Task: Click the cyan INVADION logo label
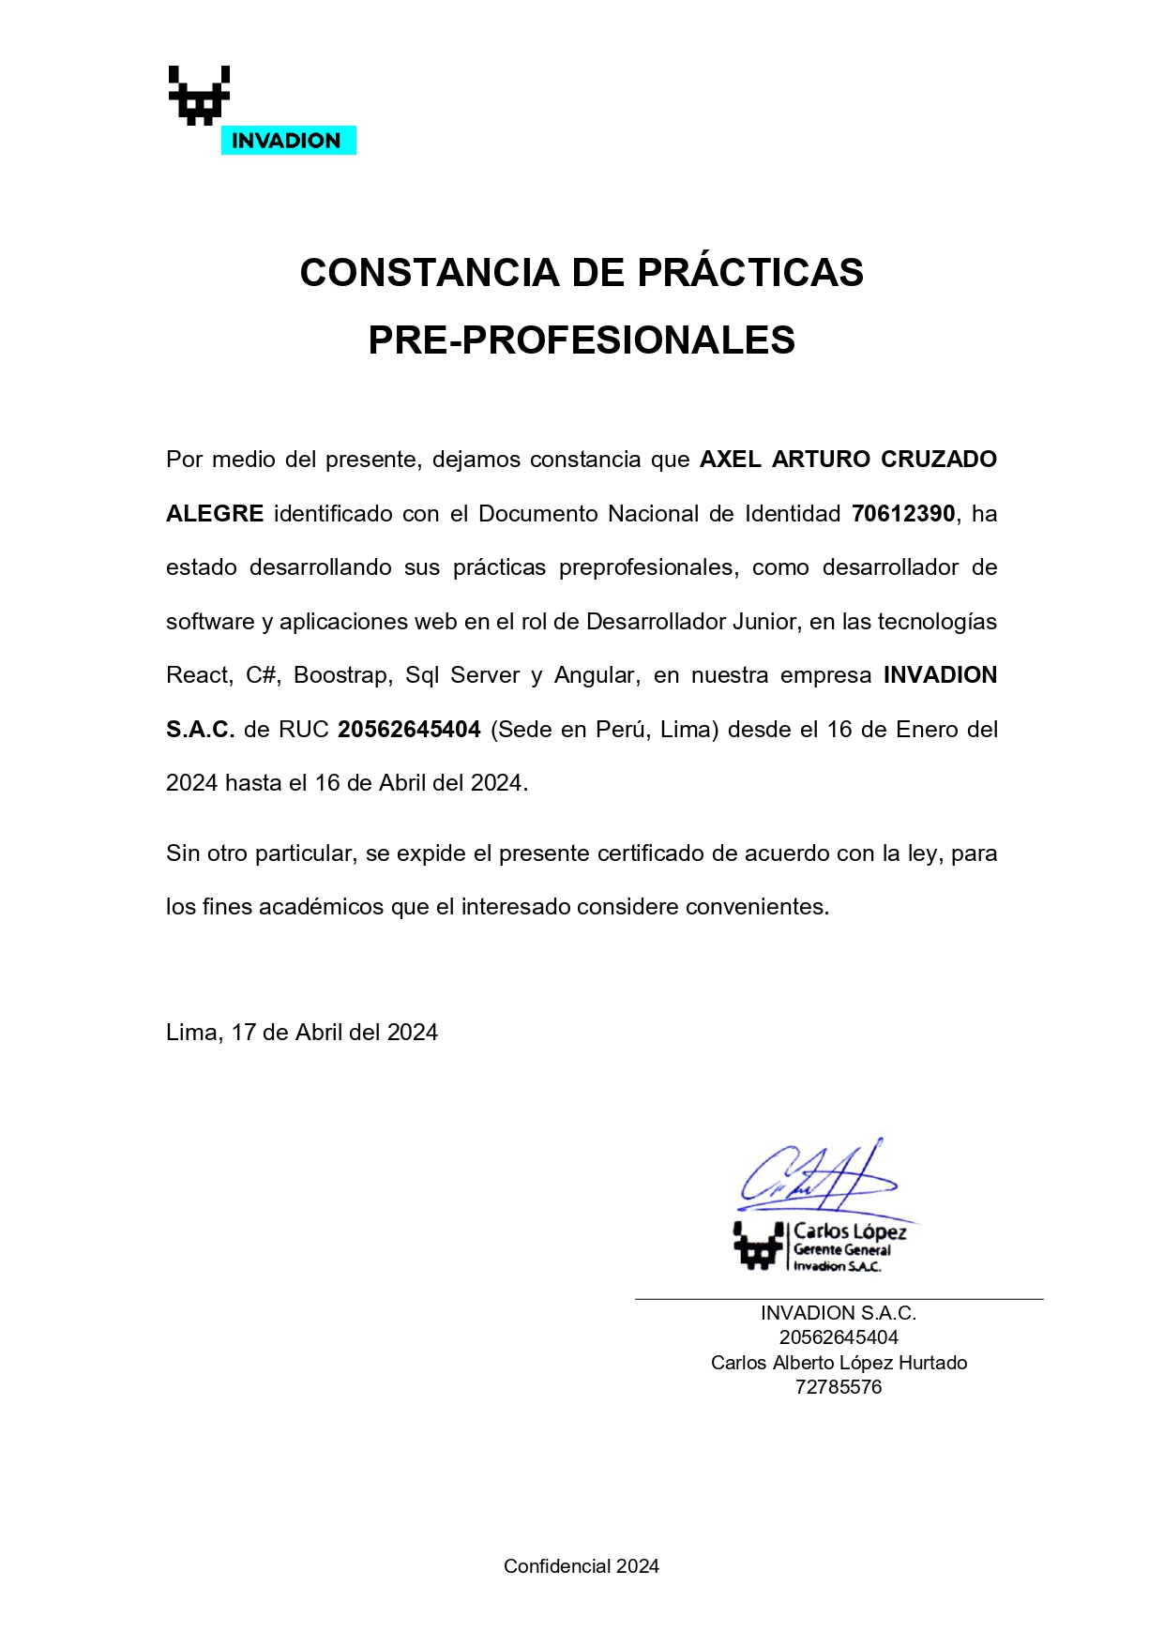[x=287, y=141]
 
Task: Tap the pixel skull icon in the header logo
[x=199, y=95]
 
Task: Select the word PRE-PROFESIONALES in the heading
[x=582, y=340]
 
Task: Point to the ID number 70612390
[x=902, y=514]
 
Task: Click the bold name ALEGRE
[x=215, y=514]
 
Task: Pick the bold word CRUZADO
[x=938, y=460]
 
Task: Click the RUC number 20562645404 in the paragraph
[x=409, y=730]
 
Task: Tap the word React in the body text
[x=199, y=675]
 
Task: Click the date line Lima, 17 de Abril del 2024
[x=302, y=1033]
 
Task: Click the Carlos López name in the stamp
[x=850, y=1231]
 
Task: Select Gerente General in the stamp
[x=842, y=1250]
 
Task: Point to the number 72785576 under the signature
[x=839, y=1387]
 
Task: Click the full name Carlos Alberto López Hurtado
[x=839, y=1363]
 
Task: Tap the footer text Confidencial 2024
[x=582, y=1566]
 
